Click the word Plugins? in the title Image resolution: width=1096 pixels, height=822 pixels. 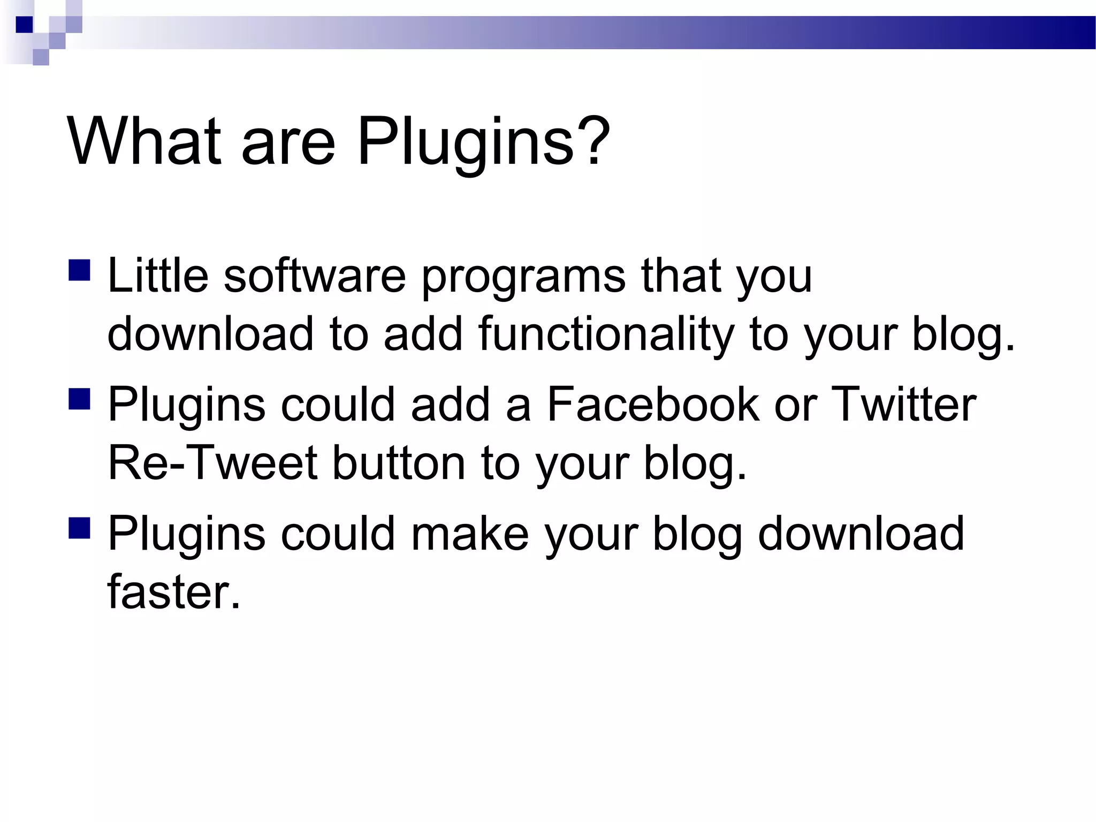[x=483, y=142]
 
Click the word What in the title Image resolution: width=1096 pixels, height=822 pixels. [x=143, y=142]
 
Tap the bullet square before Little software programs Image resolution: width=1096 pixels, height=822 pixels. [x=79, y=270]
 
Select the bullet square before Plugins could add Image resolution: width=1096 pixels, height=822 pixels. [x=79, y=399]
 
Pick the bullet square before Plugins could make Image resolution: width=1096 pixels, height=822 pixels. [x=79, y=527]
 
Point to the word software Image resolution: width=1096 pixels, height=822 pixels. [x=315, y=276]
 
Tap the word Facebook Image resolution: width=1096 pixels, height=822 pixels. [x=653, y=405]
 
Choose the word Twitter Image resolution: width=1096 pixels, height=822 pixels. [x=904, y=405]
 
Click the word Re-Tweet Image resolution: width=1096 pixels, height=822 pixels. [x=212, y=463]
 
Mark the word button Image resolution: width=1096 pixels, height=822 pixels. [x=399, y=463]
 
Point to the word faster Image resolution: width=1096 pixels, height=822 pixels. [x=173, y=592]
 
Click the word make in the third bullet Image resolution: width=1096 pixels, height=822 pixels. [x=469, y=534]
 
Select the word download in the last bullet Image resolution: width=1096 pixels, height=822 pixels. [x=861, y=534]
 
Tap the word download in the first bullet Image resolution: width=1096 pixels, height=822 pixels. [x=210, y=334]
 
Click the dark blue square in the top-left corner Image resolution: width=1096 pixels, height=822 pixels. [x=24, y=25]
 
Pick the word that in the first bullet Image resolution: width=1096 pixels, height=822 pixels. [x=680, y=276]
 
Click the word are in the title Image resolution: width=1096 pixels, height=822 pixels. [x=288, y=142]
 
